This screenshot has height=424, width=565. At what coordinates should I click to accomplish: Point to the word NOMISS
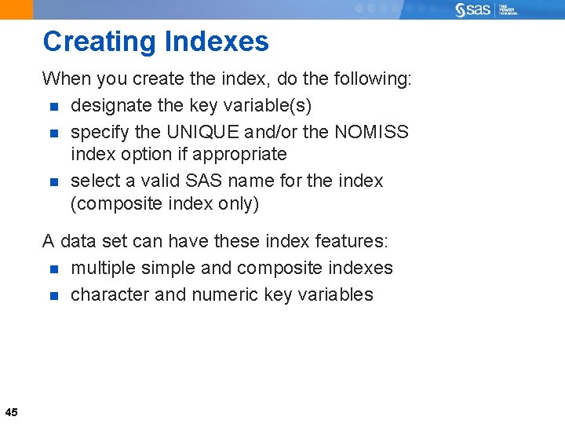pyautogui.click(x=371, y=131)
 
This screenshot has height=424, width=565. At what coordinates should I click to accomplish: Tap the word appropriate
pyautogui.click(x=239, y=154)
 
